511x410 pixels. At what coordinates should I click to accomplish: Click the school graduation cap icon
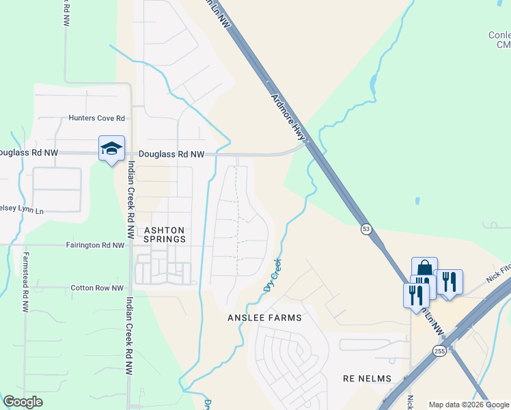112,148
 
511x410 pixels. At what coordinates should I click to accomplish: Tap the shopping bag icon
424,268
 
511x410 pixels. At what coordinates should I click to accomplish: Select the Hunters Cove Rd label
96,118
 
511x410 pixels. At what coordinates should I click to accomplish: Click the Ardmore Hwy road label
288,118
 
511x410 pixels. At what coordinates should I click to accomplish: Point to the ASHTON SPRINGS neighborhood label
165,235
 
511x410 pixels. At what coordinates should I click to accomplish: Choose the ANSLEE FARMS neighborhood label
264,318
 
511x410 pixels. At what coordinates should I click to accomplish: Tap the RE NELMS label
367,379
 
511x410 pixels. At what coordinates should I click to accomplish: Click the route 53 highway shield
367,230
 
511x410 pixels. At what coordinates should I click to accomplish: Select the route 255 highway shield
439,351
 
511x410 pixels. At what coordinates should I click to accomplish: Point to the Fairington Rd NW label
95,245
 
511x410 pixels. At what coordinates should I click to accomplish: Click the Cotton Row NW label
97,288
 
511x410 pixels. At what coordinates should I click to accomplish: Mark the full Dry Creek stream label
273,275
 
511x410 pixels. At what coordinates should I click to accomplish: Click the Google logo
23,401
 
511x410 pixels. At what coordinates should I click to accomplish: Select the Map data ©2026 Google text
468,405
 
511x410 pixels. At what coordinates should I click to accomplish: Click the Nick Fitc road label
498,275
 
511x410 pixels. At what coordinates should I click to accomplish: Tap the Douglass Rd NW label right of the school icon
171,155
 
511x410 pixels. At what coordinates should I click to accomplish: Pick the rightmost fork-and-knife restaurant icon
448,282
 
